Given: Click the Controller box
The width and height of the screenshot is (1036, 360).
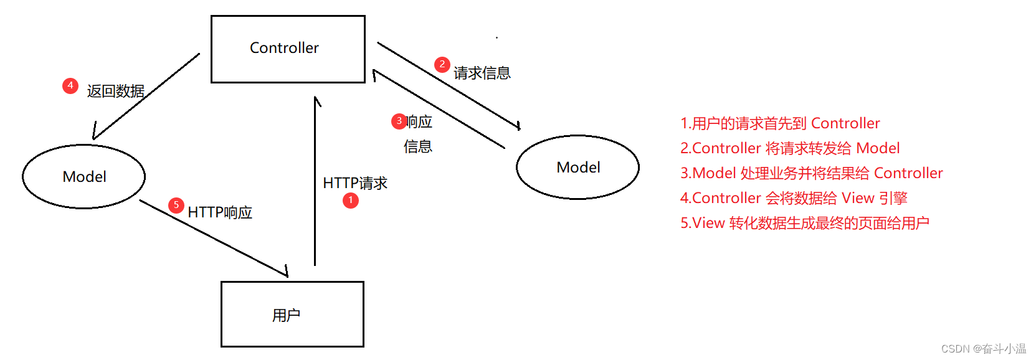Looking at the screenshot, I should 288,49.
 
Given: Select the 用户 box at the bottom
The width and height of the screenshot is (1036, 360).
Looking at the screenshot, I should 292,314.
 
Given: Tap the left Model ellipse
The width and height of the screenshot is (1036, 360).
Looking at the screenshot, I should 84,176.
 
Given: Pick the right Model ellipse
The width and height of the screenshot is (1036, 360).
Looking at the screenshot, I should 577,167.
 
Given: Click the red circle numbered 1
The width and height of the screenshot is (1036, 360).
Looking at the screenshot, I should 351,200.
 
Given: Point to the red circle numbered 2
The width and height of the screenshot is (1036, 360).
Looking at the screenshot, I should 442,64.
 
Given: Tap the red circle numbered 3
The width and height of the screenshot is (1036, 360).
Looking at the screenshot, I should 399,121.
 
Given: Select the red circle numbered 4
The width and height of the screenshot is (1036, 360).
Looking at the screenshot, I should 70,85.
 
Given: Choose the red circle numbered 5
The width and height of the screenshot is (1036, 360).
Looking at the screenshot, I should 176,205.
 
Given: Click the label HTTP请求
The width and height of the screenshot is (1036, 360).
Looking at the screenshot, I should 355,183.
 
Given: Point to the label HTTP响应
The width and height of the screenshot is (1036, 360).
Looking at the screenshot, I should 220,212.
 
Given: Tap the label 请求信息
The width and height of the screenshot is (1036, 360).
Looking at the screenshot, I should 482,73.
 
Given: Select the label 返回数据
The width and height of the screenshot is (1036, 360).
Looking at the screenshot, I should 116,91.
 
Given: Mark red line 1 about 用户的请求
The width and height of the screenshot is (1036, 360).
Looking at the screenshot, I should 780,123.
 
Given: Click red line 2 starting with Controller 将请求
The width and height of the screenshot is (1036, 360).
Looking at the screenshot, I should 790,148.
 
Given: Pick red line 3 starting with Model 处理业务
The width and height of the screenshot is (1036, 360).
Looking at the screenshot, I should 811,173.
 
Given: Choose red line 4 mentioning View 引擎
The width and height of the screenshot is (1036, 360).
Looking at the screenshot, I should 794,198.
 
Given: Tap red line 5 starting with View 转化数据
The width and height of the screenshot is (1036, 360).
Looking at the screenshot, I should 805,223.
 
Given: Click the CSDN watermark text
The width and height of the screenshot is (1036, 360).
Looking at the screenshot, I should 983,349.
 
